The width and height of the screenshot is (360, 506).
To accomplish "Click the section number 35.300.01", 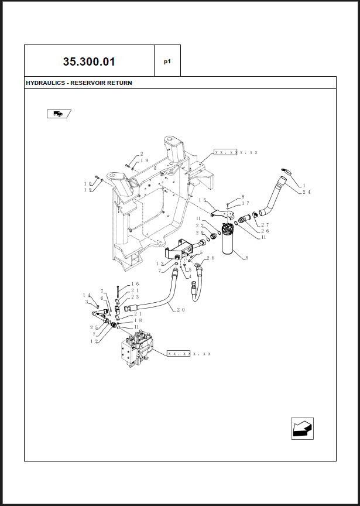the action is coord(89,61).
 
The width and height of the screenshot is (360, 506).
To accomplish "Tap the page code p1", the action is coord(167,61).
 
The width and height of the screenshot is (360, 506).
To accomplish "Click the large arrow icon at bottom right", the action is coord(302,429).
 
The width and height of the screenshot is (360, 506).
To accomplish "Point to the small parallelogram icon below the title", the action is coord(59,114).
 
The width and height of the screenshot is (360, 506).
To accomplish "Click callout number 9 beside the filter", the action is coord(247,258).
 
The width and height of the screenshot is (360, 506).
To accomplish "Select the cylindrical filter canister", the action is coord(230,239).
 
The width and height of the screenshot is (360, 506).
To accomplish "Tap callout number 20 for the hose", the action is coord(181,310).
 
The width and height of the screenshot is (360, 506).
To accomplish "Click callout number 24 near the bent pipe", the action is coord(307,192).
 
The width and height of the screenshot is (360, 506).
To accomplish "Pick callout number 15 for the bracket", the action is coord(203,200).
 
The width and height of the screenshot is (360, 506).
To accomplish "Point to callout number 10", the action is coord(88,184).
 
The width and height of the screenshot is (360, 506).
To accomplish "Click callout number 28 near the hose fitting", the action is coord(211,258).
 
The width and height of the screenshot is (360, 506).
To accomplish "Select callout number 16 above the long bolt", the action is coord(135,284).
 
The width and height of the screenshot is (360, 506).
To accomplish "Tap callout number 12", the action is coord(94,341).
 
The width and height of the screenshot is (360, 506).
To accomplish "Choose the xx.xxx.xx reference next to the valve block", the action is coord(189,354).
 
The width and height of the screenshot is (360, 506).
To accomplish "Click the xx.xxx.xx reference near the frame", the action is coord(236,152).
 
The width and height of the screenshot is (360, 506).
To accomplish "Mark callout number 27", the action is coord(265,225).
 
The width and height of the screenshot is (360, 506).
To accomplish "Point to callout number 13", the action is coord(160,264).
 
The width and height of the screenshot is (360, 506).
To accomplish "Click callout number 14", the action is coord(87,295).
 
